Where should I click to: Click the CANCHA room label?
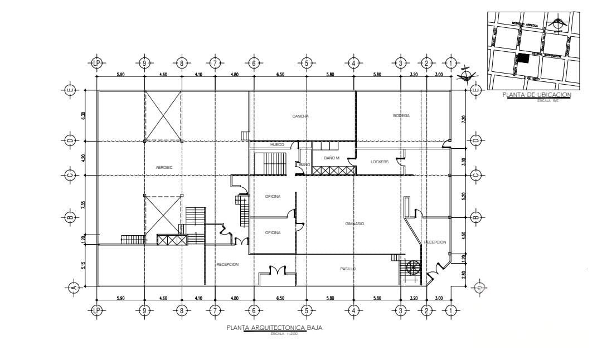click(300, 116)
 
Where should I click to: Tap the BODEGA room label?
click(401, 116)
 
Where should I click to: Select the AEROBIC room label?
click(164, 167)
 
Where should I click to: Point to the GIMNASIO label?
click(355, 223)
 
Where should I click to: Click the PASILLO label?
click(348, 269)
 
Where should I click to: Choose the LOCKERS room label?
click(379, 162)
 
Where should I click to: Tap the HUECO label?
click(277, 145)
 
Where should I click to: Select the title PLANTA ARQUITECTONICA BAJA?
click(274, 328)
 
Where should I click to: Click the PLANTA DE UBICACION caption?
click(536, 95)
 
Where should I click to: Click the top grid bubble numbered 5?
click(306, 63)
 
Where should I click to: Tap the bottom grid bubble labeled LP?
click(98, 310)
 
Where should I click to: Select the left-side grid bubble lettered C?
click(70, 175)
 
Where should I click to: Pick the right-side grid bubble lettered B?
click(475, 217)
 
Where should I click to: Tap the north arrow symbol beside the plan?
click(465, 76)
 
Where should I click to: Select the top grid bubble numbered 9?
click(144, 63)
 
